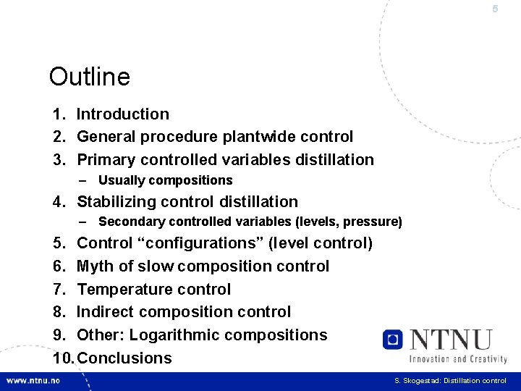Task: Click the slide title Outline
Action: click(89, 77)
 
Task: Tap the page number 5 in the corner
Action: click(495, 9)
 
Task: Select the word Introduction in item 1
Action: click(123, 114)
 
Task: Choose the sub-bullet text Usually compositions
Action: click(165, 180)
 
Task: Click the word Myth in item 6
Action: click(95, 266)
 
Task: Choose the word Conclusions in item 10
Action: click(124, 358)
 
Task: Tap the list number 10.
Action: click(62, 358)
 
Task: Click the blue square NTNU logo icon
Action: click(394, 340)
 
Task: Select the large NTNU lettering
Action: click(450, 339)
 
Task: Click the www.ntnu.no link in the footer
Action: click(35, 381)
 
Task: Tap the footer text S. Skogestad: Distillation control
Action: click(450, 381)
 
